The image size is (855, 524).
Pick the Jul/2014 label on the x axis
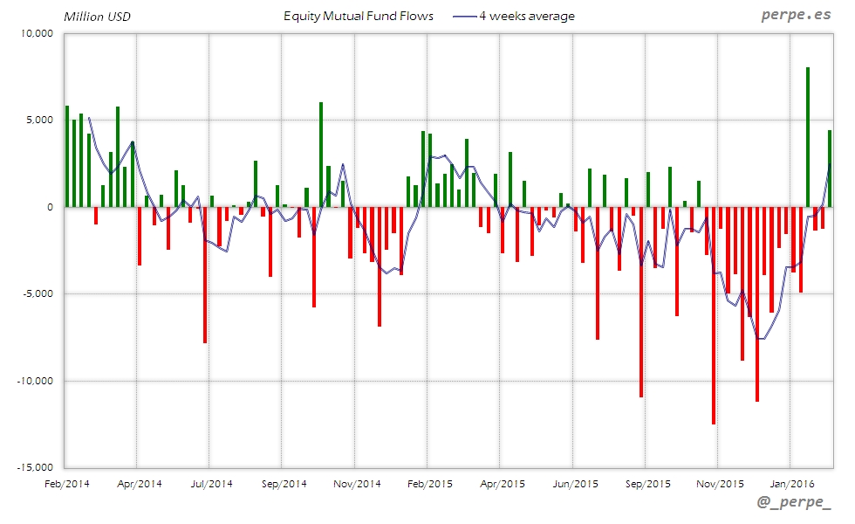[x=210, y=483]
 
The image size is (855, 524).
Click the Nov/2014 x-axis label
[x=357, y=483]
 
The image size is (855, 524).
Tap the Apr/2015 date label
[x=502, y=483]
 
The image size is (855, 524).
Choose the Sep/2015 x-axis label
[x=646, y=483]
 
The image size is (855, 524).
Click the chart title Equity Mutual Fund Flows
[x=359, y=16]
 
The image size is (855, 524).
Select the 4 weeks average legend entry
[x=515, y=16]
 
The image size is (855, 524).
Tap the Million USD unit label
[x=97, y=17]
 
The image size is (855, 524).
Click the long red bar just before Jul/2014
[x=205, y=275]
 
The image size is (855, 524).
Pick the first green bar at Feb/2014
[x=67, y=156]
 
